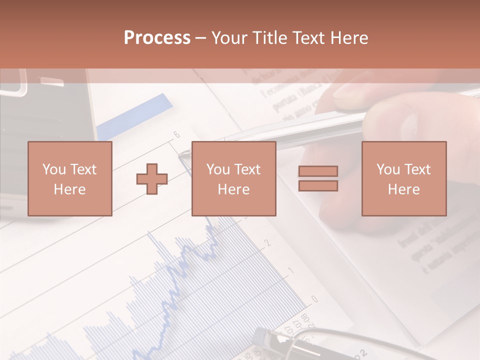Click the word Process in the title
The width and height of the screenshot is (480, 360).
[x=157, y=38]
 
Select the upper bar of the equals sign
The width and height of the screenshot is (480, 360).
[x=318, y=171]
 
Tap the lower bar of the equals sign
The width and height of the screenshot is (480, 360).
[x=318, y=186]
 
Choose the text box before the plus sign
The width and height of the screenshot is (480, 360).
[x=69, y=178]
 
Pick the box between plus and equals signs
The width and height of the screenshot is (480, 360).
[x=233, y=178]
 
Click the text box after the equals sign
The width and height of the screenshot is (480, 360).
[x=403, y=178]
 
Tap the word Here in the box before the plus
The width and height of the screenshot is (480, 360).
[x=69, y=189]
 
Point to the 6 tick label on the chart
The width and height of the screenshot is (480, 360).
[x=176, y=134]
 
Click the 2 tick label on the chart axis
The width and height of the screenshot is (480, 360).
[x=268, y=243]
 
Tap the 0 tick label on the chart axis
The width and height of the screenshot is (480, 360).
[x=314, y=299]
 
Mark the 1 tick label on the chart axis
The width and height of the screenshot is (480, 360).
[x=291, y=271]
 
